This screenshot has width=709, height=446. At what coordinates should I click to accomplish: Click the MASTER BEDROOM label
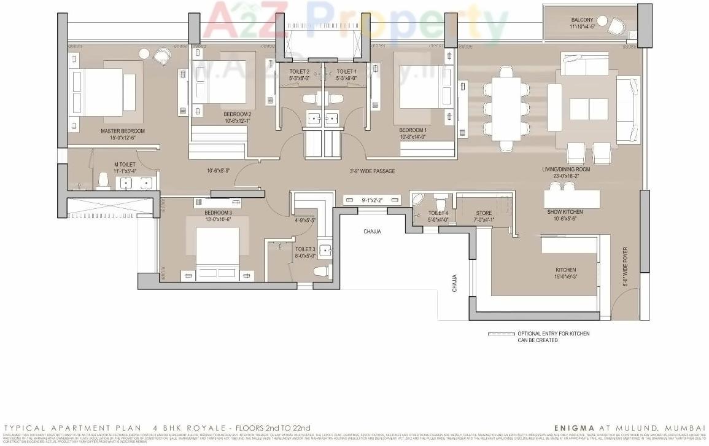(x=123, y=131)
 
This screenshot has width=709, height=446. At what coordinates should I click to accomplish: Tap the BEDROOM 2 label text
(x=237, y=114)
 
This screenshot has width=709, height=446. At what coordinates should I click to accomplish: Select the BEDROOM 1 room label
(x=413, y=130)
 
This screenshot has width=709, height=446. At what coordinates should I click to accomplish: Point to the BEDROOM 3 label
(x=219, y=213)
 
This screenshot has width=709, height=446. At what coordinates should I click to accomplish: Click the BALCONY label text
(x=582, y=20)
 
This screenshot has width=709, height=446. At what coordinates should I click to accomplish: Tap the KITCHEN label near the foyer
(x=565, y=270)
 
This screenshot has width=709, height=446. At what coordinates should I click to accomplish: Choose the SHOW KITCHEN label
(x=565, y=212)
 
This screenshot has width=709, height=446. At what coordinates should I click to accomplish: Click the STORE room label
(x=484, y=214)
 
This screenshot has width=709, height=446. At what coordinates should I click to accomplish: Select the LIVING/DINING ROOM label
(x=565, y=169)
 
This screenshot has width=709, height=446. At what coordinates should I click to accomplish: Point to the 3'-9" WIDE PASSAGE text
(x=372, y=171)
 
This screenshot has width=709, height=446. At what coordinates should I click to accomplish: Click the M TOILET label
(x=125, y=165)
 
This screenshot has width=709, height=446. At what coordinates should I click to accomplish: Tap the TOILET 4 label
(x=438, y=214)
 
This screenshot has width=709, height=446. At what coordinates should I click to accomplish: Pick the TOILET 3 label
(x=305, y=249)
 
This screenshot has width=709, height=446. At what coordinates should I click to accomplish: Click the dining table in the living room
(x=507, y=108)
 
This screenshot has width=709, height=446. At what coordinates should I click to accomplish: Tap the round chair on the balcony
(x=616, y=25)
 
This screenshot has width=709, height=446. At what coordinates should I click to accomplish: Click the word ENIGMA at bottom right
(x=573, y=428)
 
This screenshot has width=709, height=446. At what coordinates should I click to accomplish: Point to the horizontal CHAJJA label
(x=372, y=232)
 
